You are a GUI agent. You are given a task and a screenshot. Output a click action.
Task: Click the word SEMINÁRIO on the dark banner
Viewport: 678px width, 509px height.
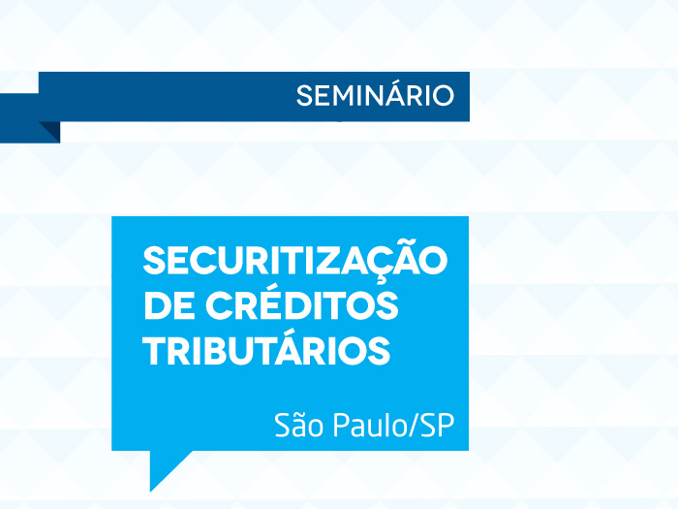click(375, 96)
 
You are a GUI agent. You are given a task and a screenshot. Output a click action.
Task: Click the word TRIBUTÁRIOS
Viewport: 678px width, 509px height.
click(266, 350)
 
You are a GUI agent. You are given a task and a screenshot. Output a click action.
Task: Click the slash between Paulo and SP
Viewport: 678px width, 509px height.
click(413, 428)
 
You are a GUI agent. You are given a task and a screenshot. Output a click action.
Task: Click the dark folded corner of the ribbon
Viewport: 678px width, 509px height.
click(48, 131)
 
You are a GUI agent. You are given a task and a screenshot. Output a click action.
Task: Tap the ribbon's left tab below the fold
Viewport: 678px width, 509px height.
click(18, 117)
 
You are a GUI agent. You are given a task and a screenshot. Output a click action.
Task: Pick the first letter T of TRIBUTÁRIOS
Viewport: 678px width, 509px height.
click(154, 351)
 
